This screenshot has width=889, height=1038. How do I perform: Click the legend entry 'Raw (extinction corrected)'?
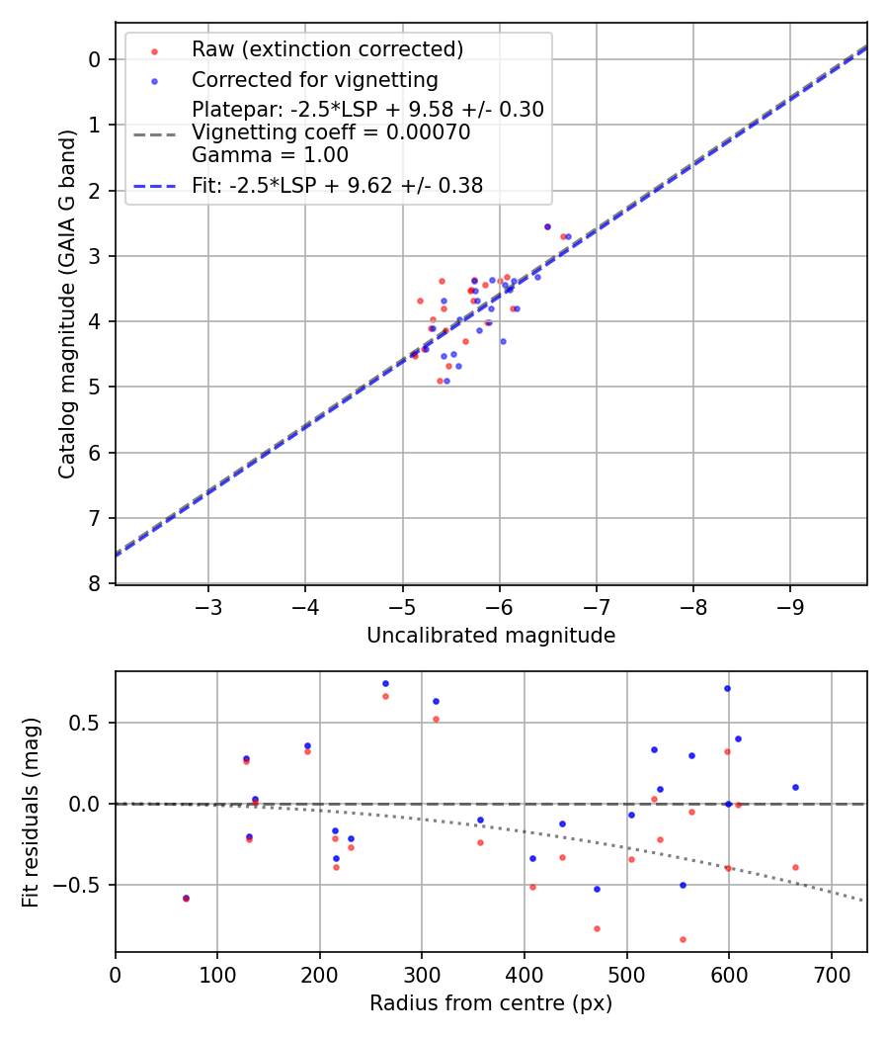[x=327, y=49]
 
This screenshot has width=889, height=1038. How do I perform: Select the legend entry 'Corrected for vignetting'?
[x=315, y=79]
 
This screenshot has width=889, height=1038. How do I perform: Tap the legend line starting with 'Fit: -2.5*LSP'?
[x=337, y=185]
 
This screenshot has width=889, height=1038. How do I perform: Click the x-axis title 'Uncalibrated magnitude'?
[x=491, y=636]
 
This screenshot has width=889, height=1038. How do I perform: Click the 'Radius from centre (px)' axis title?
[x=491, y=1003]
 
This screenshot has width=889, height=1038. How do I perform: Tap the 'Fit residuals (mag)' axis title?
[x=31, y=812]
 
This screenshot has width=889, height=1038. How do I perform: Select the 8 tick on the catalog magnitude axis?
[x=94, y=584]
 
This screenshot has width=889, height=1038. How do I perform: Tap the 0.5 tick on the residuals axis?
[x=91, y=723]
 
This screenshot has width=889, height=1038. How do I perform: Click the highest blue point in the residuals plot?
[x=385, y=683]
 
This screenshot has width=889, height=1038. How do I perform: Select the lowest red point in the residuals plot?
[x=683, y=939]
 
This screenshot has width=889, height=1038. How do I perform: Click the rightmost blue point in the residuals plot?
[x=795, y=787]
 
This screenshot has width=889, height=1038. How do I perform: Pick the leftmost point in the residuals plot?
[x=186, y=898]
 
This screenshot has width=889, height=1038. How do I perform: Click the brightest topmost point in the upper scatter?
[x=547, y=226]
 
